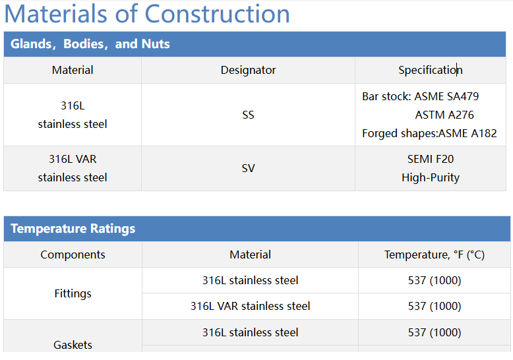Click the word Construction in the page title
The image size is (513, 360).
pyautogui.click(x=217, y=14)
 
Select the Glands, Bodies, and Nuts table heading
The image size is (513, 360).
pyautogui.click(x=90, y=44)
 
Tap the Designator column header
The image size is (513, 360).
pyautogui.click(x=248, y=70)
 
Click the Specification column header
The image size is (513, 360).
pyautogui.click(x=430, y=70)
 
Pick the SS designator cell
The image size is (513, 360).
pyautogui.click(x=248, y=115)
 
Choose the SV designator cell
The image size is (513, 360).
pyautogui.click(x=248, y=168)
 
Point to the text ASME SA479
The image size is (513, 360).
pyautogui.click(x=446, y=96)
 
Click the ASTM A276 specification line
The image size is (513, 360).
pyautogui.click(x=444, y=115)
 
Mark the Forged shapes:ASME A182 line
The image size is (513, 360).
pyautogui.click(x=429, y=133)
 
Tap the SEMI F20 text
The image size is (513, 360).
pyautogui.click(x=431, y=159)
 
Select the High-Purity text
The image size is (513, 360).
pyautogui.click(x=431, y=177)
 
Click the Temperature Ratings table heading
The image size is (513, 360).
pyautogui.click(x=73, y=229)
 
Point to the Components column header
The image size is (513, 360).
pyautogui.click(x=73, y=255)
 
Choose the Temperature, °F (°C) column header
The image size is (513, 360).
pyautogui.click(x=435, y=255)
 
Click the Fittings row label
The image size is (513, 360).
pyautogui.click(x=73, y=293)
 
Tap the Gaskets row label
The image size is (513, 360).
pyautogui.click(x=73, y=345)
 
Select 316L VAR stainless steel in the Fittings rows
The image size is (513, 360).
pyautogui.click(x=250, y=306)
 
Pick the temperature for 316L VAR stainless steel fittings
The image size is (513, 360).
pyautogui.click(x=435, y=306)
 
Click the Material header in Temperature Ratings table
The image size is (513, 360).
pyautogui.click(x=250, y=255)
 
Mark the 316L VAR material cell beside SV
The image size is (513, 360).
pyautogui.click(x=73, y=168)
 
